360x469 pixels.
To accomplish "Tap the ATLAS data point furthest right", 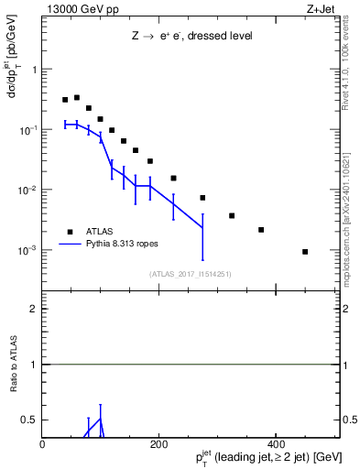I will pyautogui.click(x=305, y=251).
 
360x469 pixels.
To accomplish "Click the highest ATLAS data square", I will pyautogui.click(x=77, y=97).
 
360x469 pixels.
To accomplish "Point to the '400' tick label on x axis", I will pyautogui.click(x=275, y=445).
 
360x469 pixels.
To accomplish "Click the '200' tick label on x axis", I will pyautogui.click(x=158, y=445).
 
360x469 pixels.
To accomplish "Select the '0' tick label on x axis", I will pyautogui.click(x=43, y=445).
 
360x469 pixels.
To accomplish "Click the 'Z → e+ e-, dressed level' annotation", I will pyautogui.click(x=191, y=36).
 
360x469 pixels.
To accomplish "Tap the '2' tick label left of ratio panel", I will pyautogui.click(x=34, y=309).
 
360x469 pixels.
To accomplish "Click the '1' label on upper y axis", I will pyautogui.click(x=35, y=70).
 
